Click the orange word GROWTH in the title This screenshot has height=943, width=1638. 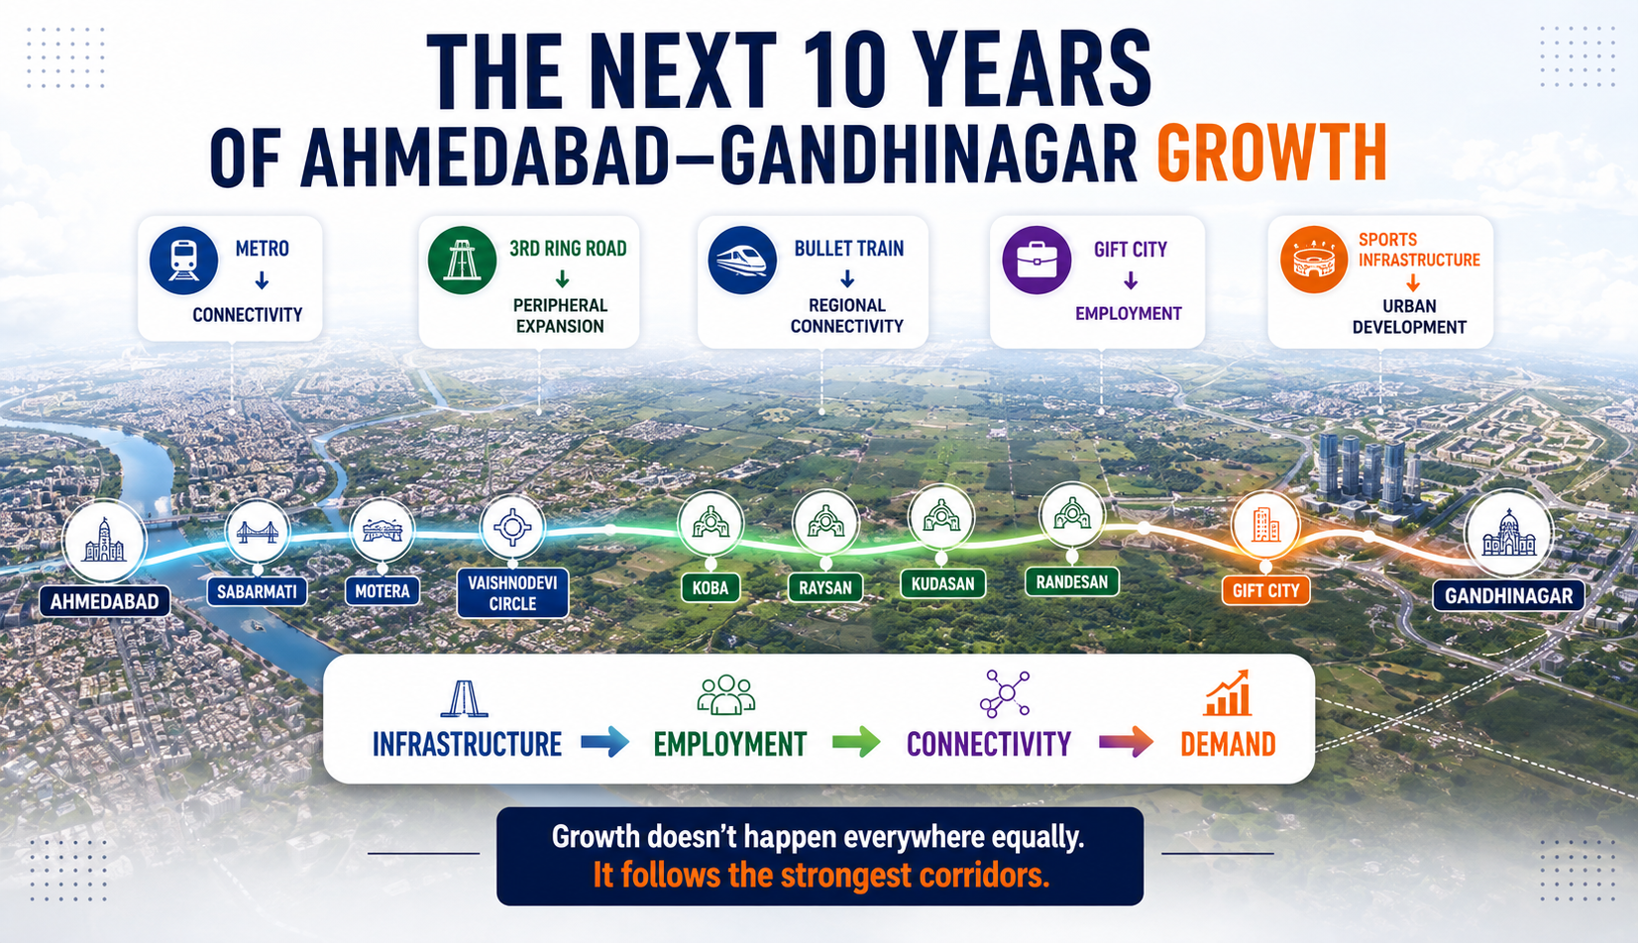click(x=1271, y=154)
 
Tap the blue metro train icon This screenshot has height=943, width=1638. click(x=183, y=261)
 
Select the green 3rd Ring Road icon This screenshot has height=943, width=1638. click(x=462, y=261)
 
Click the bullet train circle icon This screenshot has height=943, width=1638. click(x=742, y=261)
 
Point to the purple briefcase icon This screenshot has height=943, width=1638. click(x=1037, y=261)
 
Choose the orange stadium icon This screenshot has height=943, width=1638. click(x=1314, y=260)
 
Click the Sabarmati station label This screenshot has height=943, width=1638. click(x=257, y=591)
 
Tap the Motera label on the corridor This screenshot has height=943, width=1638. click(x=382, y=590)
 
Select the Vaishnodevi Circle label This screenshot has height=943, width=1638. click(x=512, y=593)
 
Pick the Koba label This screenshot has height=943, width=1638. click(x=710, y=587)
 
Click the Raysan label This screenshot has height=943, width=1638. click(x=825, y=587)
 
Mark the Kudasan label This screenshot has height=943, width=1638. click(x=942, y=583)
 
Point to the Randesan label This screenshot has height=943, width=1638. click(x=1072, y=581)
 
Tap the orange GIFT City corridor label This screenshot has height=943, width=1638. click(x=1265, y=590)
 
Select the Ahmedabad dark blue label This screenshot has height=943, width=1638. click(x=105, y=601)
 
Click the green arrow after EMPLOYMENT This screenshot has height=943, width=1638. click(x=856, y=742)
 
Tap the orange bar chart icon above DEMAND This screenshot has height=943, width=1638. click(x=1228, y=693)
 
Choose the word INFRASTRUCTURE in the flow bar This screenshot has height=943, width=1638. click(x=467, y=744)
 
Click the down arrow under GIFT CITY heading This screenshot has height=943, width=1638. click(x=1131, y=280)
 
